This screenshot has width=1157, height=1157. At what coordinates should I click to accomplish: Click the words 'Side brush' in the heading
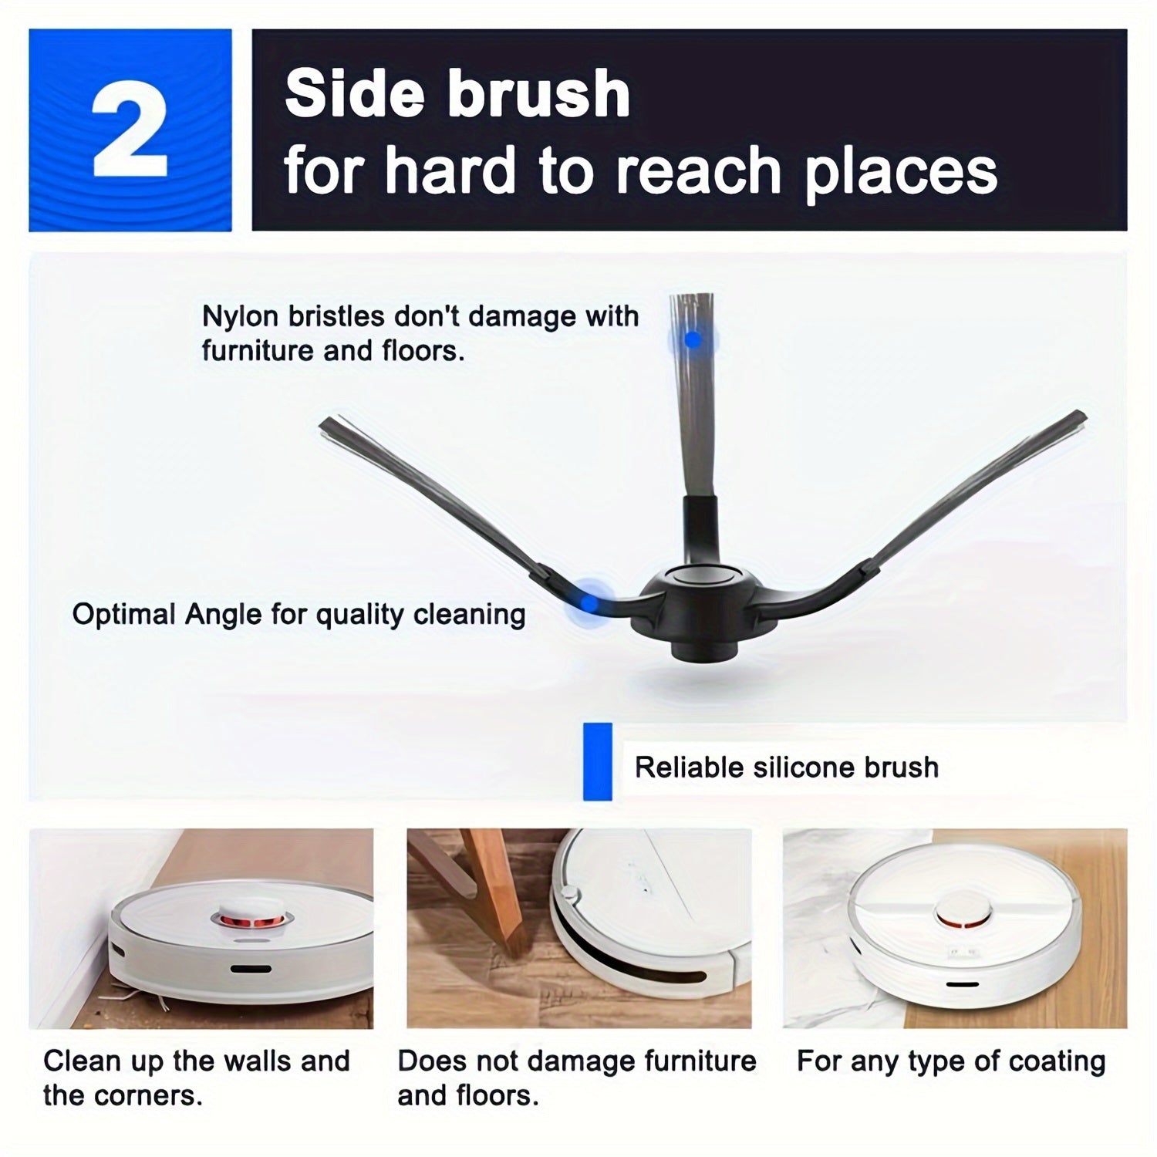point(457,94)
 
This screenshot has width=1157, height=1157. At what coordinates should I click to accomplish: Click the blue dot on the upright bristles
point(693,339)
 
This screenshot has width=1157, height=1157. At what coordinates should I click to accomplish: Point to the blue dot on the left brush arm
point(589,603)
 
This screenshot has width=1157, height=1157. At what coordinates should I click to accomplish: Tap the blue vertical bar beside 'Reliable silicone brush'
point(598,761)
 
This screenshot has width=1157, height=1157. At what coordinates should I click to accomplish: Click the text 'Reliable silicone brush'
point(786,767)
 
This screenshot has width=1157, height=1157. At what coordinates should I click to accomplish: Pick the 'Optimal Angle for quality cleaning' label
point(299,615)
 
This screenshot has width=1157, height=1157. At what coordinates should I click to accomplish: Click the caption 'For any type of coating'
point(950,1061)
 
